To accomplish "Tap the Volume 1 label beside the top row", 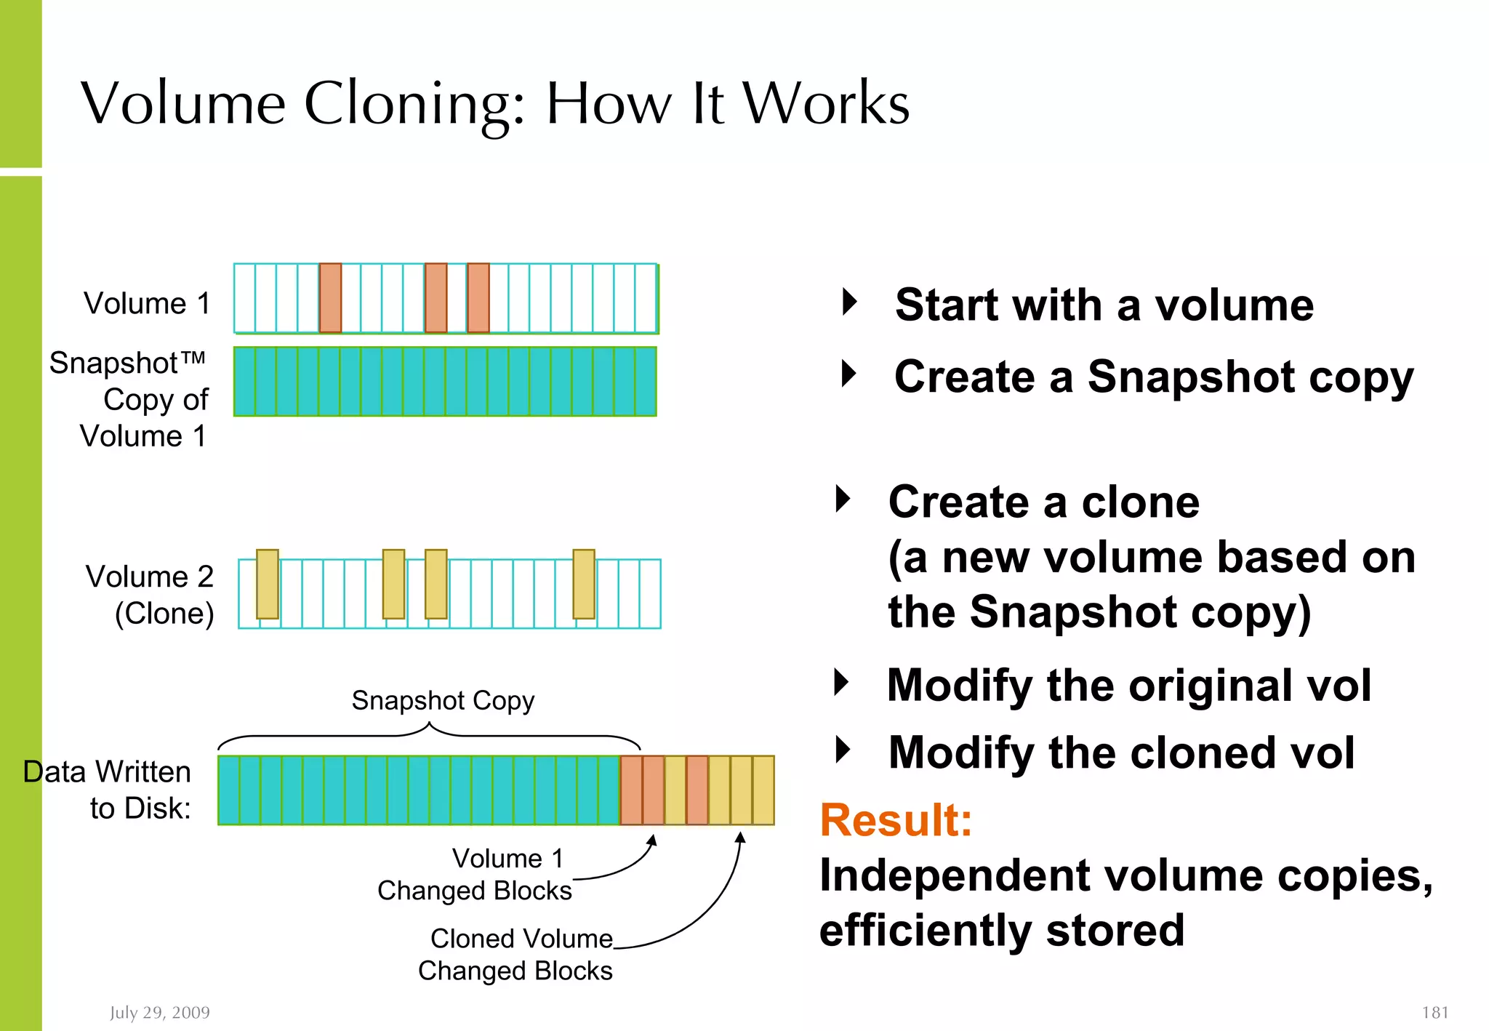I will pyautogui.click(x=146, y=303).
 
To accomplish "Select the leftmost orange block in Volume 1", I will pyautogui.click(x=330, y=298).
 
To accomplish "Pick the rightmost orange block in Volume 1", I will pyautogui.click(x=478, y=298).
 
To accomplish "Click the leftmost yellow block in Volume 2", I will pyautogui.click(x=268, y=584).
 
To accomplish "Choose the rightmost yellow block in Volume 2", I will pyautogui.click(x=584, y=584).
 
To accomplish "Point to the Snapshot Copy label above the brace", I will pyautogui.click(x=443, y=700).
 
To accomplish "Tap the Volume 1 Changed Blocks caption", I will pyautogui.click(x=475, y=875).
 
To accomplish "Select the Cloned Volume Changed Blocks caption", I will pyautogui.click(x=515, y=955).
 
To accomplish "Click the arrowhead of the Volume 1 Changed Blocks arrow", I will pyautogui.click(x=653, y=840).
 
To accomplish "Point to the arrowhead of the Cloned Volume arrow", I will pyautogui.click(x=740, y=838).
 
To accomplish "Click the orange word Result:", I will pyautogui.click(x=896, y=820).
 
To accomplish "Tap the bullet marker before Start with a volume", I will pyautogui.click(x=849, y=302).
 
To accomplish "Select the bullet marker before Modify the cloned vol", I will pyautogui.click(x=843, y=750).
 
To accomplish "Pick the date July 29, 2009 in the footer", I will pyautogui.click(x=160, y=1012).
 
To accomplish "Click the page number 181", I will pyautogui.click(x=1434, y=1012).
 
